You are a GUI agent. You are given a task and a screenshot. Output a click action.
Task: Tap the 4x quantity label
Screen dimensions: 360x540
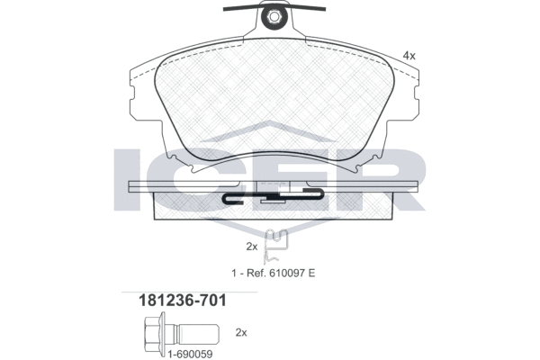pyautogui.click(x=409, y=56)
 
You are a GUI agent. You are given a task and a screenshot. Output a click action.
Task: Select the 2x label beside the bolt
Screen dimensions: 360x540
pyautogui.click(x=240, y=332)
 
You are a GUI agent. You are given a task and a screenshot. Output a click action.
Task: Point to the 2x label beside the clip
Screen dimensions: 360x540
pyautogui.click(x=252, y=246)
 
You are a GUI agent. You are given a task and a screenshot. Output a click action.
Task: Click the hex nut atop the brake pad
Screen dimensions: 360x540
pyautogui.click(x=272, y=16)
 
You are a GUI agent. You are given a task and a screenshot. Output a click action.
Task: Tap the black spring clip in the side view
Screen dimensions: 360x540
pyautogui.click(x=270, y=195)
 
